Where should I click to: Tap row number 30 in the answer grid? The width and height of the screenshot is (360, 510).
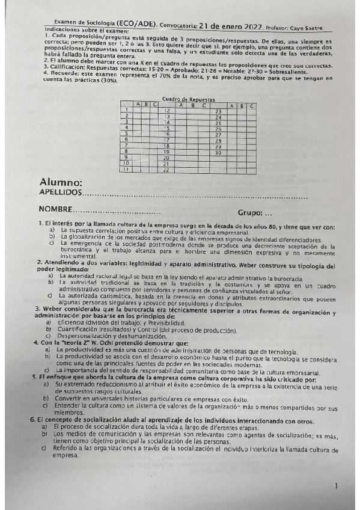point(219,153)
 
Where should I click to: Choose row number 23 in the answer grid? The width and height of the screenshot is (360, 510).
point(219,111)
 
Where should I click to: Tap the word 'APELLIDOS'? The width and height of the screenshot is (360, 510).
point(59,192)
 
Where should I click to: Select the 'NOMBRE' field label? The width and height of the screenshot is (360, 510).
point(55,209)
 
